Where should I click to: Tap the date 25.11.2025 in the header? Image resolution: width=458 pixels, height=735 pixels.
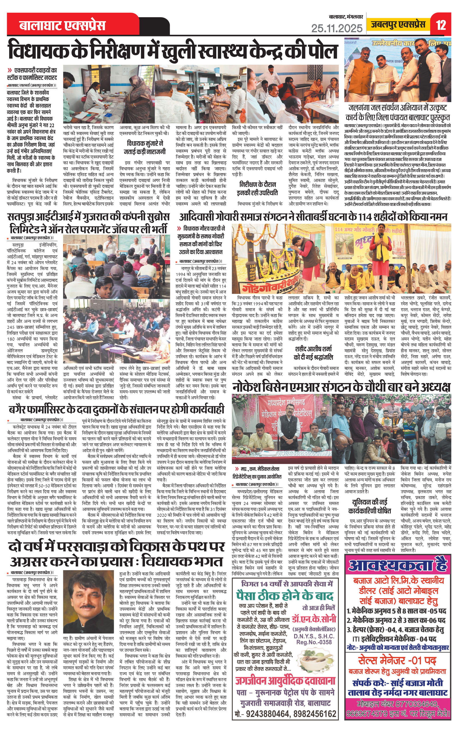pyautogui.click(x=337, y=28)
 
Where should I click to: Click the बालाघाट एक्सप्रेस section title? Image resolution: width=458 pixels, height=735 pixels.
pyautogui.click(x=62, y=25)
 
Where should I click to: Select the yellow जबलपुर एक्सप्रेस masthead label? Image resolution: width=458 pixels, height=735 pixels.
pyautogui.click(x=398, y=24)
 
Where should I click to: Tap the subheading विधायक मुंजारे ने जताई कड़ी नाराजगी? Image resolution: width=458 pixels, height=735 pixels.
pyautogui.click(x=145, y=147)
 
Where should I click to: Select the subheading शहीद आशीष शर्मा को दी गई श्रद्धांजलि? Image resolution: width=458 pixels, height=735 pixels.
pyautogui.click(x=313, y=353)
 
